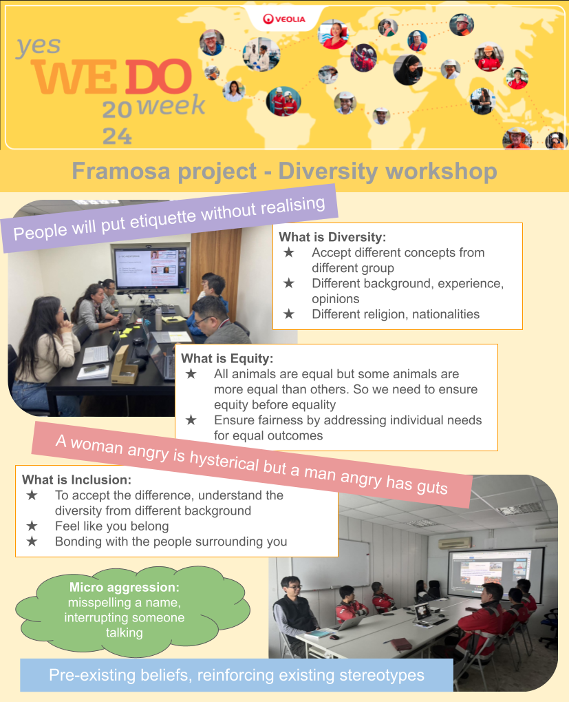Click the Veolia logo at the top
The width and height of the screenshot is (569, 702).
pos(284,19)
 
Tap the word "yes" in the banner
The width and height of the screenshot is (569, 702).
pos(39,45)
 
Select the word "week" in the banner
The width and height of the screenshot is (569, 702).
pos(171,105)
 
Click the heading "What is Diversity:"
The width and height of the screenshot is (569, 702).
pos(332,237)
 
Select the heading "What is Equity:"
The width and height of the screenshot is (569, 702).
pos(227,358)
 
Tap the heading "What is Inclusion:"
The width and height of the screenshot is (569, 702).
pos(76,479)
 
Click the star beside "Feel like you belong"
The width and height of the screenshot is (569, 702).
pos(32,526)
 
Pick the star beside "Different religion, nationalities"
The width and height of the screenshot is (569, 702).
pos(289,314)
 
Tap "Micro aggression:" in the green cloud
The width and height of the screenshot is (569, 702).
pos(125,587)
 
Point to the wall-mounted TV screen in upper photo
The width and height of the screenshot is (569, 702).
pos(151,268)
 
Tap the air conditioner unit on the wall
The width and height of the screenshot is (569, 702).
pos(455,543)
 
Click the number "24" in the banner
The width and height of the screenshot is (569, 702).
pos(117,136)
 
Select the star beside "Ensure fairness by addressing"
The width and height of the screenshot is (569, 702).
pos(191,420)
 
